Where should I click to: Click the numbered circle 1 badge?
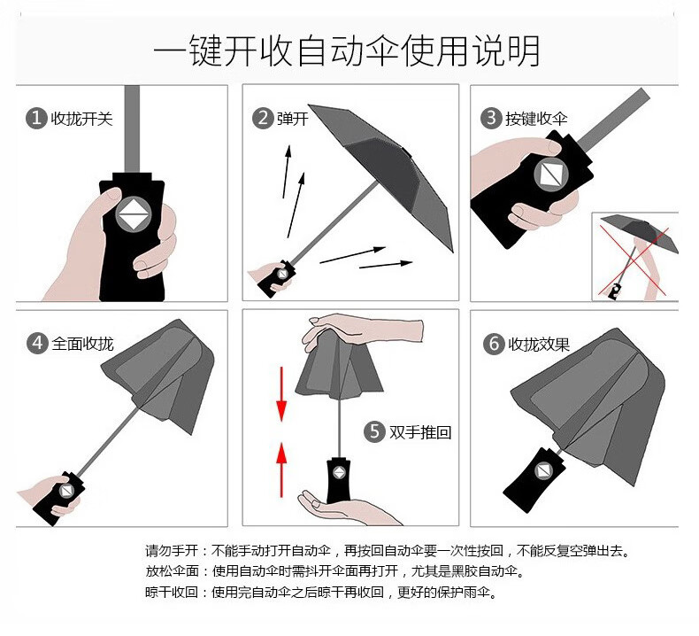36,119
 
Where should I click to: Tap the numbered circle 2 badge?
263,119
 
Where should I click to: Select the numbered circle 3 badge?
491,119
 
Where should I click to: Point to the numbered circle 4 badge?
37,344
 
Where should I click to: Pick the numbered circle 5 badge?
374,431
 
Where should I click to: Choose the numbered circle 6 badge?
494,344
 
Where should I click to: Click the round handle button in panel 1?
134,214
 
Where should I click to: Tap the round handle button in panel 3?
551,173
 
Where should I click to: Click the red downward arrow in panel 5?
281,394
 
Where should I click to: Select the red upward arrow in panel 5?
281,469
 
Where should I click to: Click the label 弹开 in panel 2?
293,119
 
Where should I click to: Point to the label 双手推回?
420,432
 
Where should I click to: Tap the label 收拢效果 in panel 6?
539,345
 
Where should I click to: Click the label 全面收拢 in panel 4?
82,344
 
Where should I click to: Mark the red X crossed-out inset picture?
635,257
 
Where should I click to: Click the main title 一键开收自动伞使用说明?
347,50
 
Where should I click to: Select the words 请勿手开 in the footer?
172,551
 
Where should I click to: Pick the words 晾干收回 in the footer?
172,593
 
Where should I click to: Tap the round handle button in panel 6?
543,470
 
